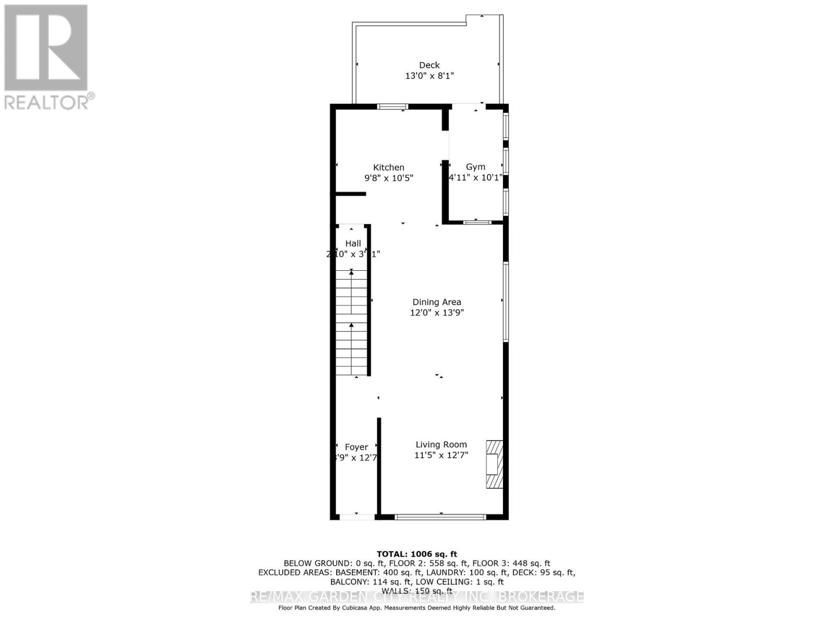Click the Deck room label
[x=430, y=65]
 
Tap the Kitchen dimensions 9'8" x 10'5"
[x=389, y=178]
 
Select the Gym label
[x=475, y=167]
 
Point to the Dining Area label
[x=437, y=302]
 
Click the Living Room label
[x=441, y=444]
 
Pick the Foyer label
[x=357, y=447]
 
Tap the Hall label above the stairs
[x=353, y=243]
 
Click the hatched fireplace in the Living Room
[x=494, y=464]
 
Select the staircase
[x=351, y=323]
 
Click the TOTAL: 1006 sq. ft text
[x=416, y=554]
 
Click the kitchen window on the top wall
[x=393, y=107]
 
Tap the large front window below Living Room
[x=440, y=517]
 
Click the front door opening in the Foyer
[x=357, y=517]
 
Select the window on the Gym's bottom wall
[x=477, y=222]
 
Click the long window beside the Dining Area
[x=506, y=302]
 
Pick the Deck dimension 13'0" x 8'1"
[x=430, y=76]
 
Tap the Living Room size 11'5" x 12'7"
[x=441, y=455]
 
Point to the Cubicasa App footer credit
[x=416, y=608]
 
